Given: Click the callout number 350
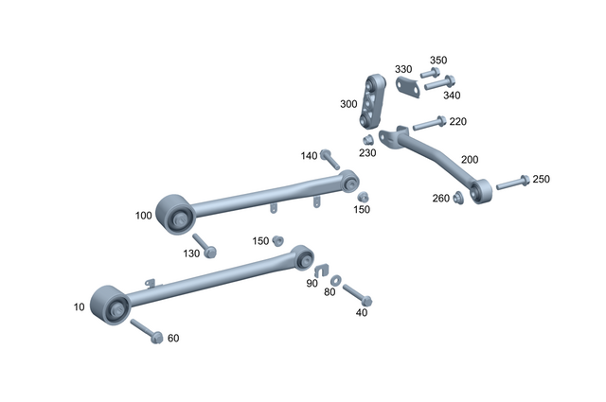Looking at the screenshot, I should [438, 60].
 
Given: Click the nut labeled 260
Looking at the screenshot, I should [458, 197].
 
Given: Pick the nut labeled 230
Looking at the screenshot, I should [368, 140].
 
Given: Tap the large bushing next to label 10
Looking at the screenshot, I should [110, 304].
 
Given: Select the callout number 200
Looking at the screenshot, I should [470, 160].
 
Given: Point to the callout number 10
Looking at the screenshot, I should [79, 307].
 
